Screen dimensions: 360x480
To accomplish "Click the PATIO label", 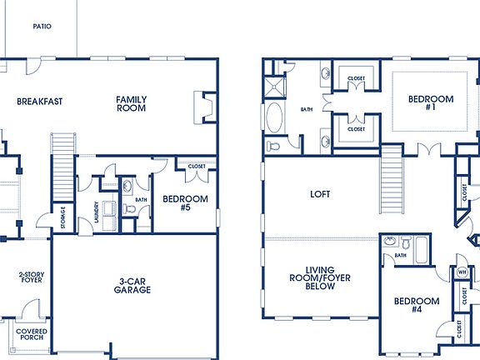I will pyautogui.click(x=42, y=27).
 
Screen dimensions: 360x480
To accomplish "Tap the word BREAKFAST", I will pyautogui.click(x=40, y=102).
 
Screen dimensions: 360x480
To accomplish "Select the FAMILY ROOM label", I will pyautogui.click(x=132, y=103).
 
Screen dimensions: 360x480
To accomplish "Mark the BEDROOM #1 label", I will pyautogui.click(x=430, y=103).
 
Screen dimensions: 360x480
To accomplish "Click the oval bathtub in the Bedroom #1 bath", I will pyautogui.click(x=274, y=117).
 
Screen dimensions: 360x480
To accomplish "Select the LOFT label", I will pyautogui.click(x=320, y=194).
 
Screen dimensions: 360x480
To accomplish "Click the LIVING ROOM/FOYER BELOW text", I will pyautogui.click(x=319, y=277).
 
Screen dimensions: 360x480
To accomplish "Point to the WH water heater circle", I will pyautogui.click(x=462, y=272).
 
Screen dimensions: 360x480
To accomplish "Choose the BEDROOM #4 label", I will pyautogui.click(x=417, y=305).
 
